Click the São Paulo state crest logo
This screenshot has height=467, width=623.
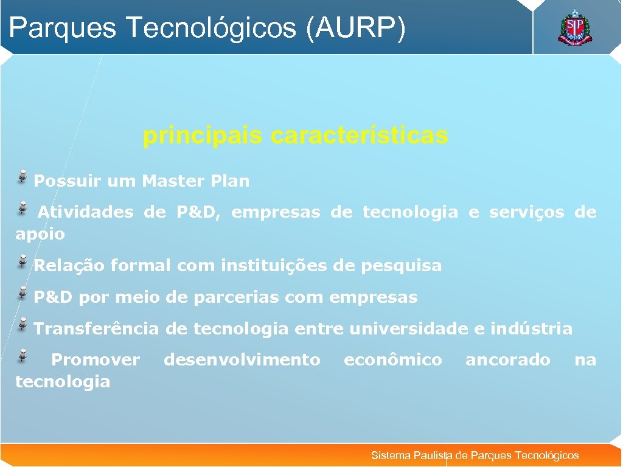pyautogui.click(x=574, y=27)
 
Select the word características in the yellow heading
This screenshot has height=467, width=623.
pyautogui.click(x=359, y=136)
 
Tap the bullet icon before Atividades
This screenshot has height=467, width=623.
pyautogui.click(x=23, y=208)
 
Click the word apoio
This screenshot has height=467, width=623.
pyautogui.click(x=40, y=234)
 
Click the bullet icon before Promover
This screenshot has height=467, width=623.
pyautogui.click(x=23, y=355)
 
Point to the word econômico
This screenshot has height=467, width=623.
pyautogui.click(x=392, y=360)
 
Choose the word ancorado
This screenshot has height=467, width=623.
pyautogui.click(x=507, y=360)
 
